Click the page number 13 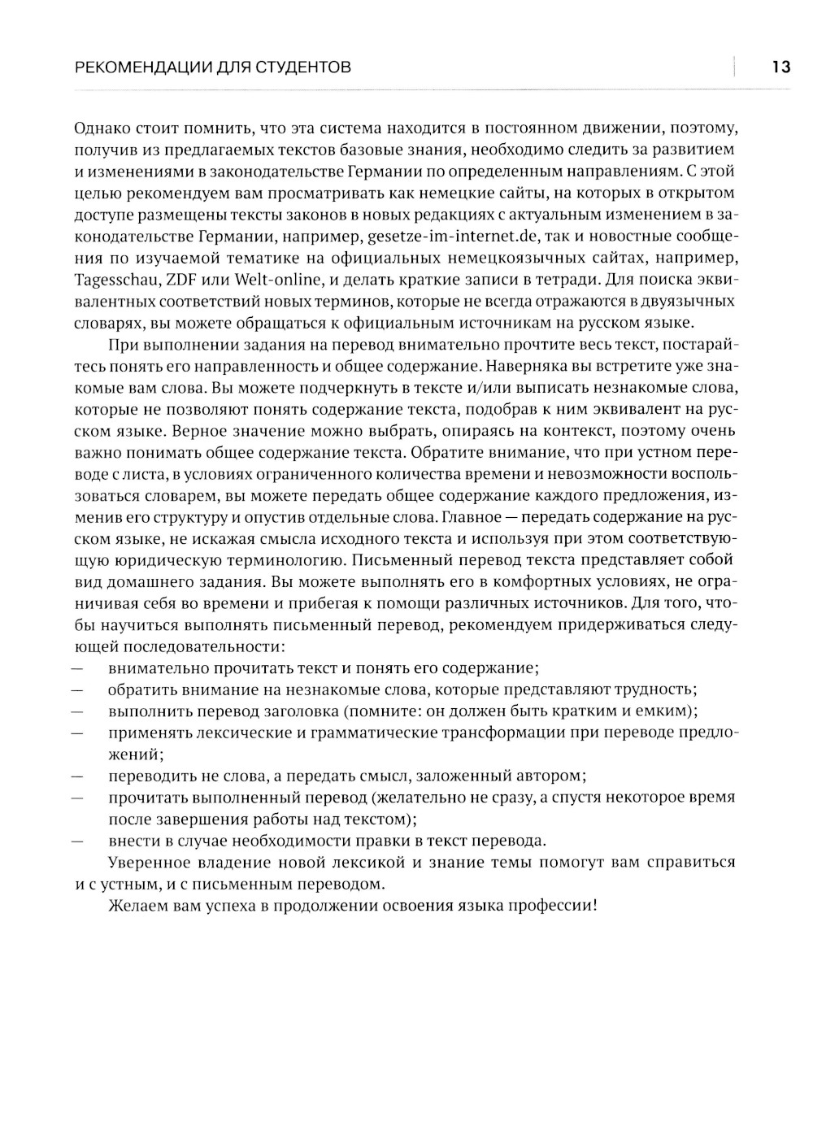pos(780,67)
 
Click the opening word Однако pos(99,128)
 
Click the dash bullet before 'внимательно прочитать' pos(78,668)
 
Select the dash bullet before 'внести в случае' pos(78,841)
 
